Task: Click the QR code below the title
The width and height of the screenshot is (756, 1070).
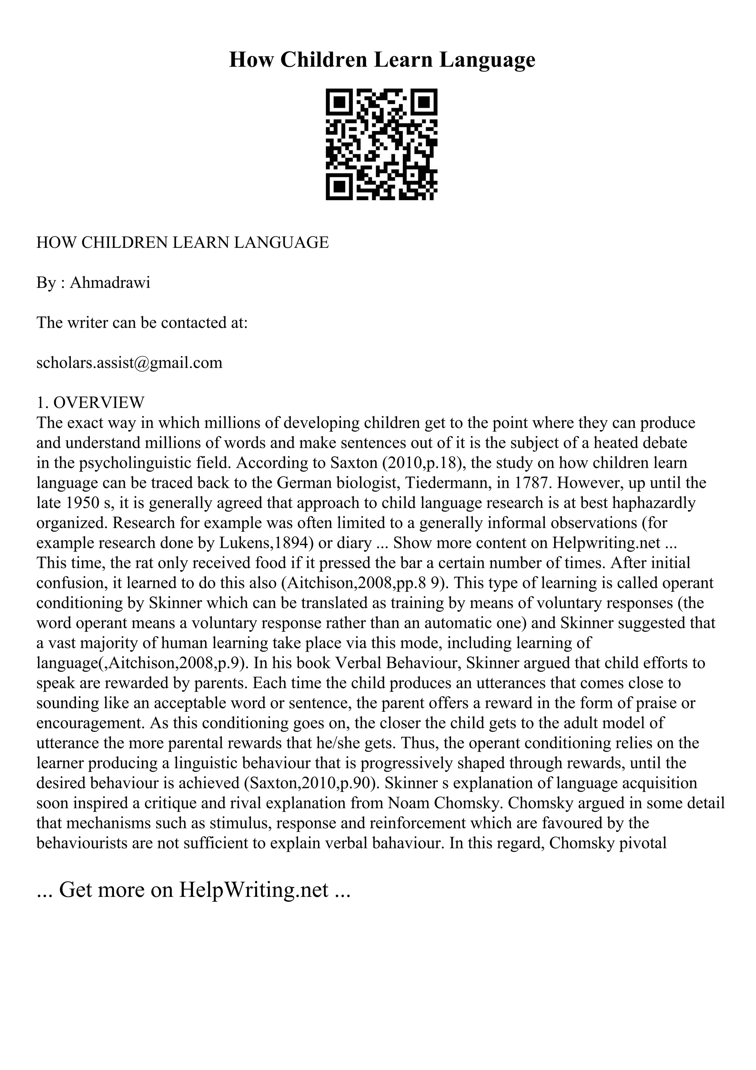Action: (x=381, y=144)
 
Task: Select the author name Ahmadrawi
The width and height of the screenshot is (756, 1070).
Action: (x=110, y=283)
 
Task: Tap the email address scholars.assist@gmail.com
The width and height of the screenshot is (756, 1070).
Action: (x=130, y=363)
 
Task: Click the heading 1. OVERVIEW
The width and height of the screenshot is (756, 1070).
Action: (x=91, y=402)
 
